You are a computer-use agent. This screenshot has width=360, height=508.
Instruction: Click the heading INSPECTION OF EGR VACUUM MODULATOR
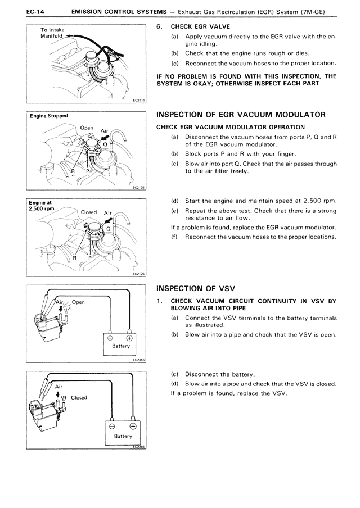(241, 115)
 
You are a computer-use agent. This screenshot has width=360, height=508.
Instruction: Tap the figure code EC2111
(138, 101)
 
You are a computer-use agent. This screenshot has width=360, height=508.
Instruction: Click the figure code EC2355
(138, 361)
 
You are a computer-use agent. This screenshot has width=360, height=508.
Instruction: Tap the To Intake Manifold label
(51, 33)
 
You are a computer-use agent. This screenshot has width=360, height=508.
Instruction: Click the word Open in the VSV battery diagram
(78, 302)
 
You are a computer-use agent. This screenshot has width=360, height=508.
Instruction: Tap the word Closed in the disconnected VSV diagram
(79, 397)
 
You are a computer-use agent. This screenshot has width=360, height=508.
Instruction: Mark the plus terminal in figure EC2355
(129, 338)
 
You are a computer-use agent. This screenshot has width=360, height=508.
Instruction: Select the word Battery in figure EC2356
(123, 436)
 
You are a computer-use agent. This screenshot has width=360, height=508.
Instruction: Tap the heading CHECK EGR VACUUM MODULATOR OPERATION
(230, 127)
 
